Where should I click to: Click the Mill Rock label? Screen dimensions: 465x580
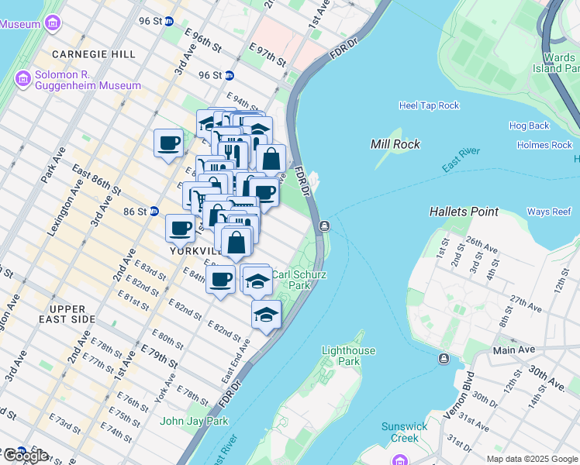click(395, 143)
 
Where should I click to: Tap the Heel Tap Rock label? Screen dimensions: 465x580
click(429, 105)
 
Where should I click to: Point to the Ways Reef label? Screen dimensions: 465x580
click(549, 212)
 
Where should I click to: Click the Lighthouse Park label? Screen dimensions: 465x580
click(348, 356)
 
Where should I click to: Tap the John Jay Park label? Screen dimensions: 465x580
click(194, 421)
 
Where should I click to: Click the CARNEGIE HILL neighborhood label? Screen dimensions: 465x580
click(93, 54)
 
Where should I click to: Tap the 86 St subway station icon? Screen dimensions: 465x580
click(154, 211)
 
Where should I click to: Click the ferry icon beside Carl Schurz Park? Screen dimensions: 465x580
click(323, 226)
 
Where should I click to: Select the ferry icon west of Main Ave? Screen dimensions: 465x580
click(444, 358)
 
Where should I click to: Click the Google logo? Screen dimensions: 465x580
click(25, 456)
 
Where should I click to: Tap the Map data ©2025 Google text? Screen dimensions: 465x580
click(532, 459)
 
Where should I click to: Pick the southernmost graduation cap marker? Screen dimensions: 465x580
click(266, 315)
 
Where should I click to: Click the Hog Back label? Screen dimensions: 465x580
click(529, 126)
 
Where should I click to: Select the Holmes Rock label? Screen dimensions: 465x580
click(544, 145)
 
